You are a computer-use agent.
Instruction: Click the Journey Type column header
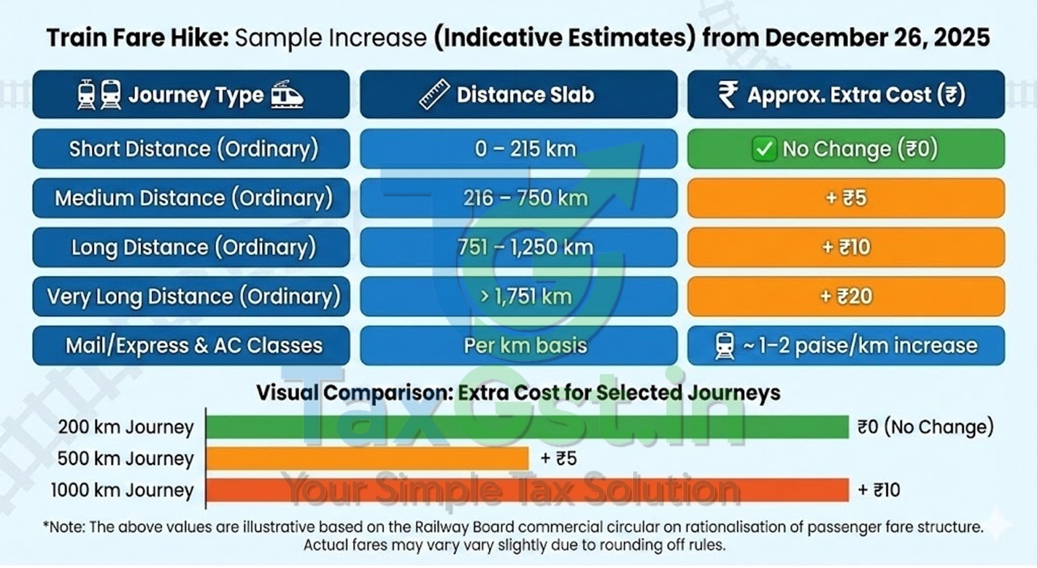coord(191,95)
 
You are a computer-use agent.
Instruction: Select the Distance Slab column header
coord(518,95)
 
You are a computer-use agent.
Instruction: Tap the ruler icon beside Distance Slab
coord(434,94)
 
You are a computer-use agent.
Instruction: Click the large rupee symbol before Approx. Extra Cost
coord(728,94)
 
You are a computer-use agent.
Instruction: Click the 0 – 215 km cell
coord(518,148)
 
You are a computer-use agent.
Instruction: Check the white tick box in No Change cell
coord(764,148)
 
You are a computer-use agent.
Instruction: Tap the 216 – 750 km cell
coord(518,198)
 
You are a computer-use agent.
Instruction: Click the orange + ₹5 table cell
coord(846,198)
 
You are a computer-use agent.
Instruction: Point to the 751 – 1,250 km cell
coord(518,247)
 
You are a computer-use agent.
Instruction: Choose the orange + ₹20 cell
coord(846,296)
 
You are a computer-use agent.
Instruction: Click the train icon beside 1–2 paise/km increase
coord(724,345)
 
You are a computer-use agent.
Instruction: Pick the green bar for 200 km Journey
coord(527,427)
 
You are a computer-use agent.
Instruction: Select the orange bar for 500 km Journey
coord(367,459)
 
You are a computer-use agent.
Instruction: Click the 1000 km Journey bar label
coord(122,490)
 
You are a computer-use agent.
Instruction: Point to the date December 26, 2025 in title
coord(877,38)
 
